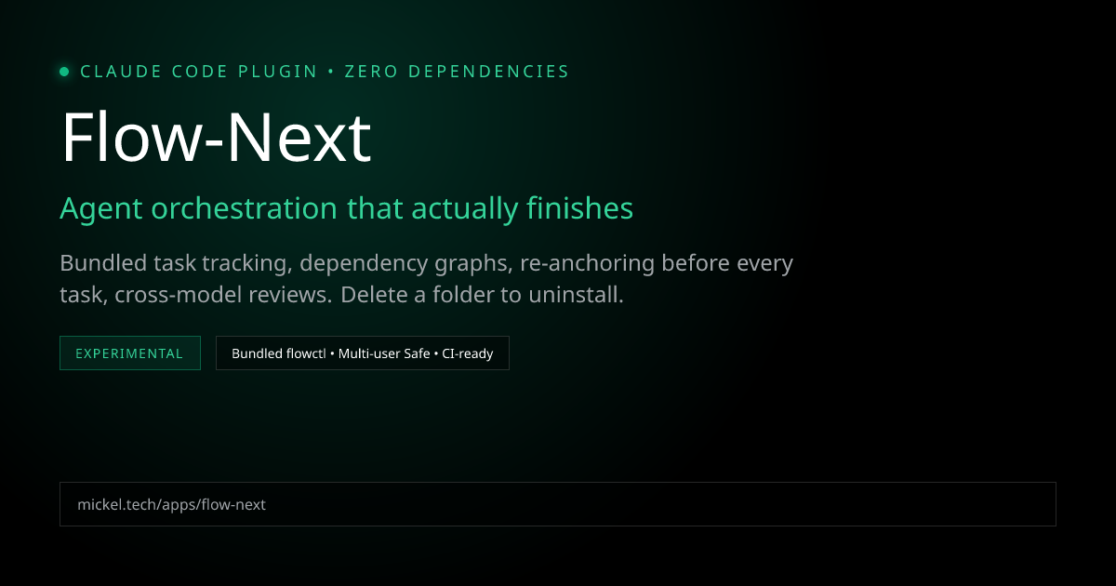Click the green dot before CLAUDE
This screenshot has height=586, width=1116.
[x=64, y=72]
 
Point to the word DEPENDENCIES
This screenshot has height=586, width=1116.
[x=489, y=72]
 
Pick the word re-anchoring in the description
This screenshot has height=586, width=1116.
[x=587, y=264]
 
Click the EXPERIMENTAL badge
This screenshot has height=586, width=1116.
[x=130, y=353]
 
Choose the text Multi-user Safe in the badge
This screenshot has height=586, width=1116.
[x=382, y=353]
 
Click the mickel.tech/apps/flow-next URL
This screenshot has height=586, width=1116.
[x=172, y=504]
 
